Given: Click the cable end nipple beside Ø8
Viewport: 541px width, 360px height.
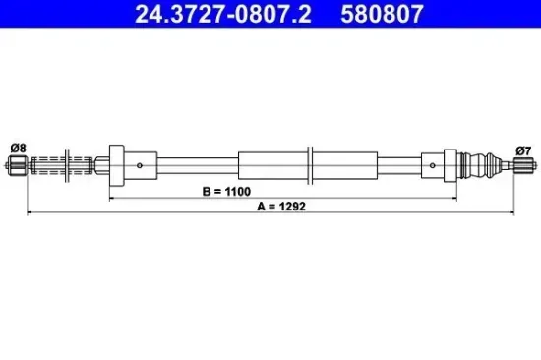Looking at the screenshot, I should click(17, 165).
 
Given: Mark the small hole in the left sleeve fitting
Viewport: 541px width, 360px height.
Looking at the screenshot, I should click(143, 164).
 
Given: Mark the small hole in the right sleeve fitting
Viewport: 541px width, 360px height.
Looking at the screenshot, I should click(429, 164).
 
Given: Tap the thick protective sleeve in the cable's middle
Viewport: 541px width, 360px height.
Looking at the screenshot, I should click(275, 164).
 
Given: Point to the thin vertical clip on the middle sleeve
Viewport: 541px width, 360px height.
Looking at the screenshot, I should click(310, 164).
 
